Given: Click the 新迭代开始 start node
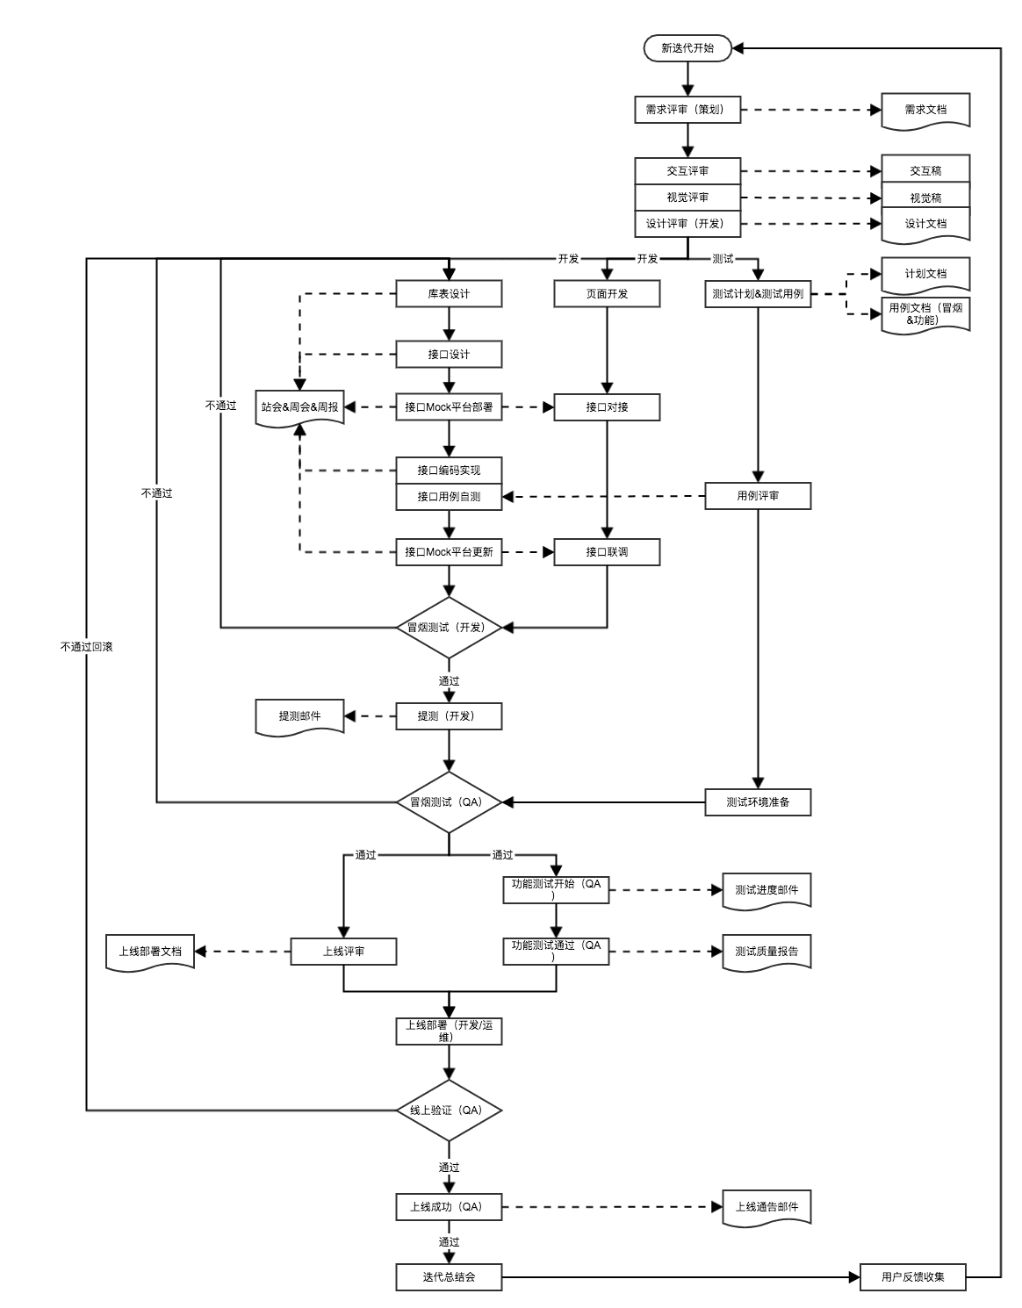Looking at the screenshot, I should [687, 48].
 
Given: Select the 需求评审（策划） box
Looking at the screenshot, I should [687, 110].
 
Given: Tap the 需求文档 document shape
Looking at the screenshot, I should [925, 111].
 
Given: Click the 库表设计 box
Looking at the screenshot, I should [449, 293].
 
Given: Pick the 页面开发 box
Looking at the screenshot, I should [607, 293].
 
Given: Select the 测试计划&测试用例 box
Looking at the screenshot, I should [758, 293].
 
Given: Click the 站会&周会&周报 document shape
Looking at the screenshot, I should [299, 407].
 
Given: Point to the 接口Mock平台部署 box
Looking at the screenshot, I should [449, 407].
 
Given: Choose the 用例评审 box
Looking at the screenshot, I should [758, 496].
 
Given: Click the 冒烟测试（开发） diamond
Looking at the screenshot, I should [449, 628].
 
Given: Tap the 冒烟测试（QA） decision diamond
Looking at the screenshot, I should [449, 801].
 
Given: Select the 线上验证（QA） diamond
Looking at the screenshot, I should [449, 1110].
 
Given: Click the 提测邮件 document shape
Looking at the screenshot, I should [299, 716].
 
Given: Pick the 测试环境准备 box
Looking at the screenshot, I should [758, 801].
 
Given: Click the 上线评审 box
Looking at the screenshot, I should [343, 951].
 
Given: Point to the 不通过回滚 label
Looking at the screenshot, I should [86, 647].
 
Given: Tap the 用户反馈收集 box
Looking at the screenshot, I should [913, 1277].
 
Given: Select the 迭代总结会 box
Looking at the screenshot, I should [449, 1277].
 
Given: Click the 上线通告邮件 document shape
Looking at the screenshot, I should [766, 1207].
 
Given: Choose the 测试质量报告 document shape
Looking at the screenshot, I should [766, 952].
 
